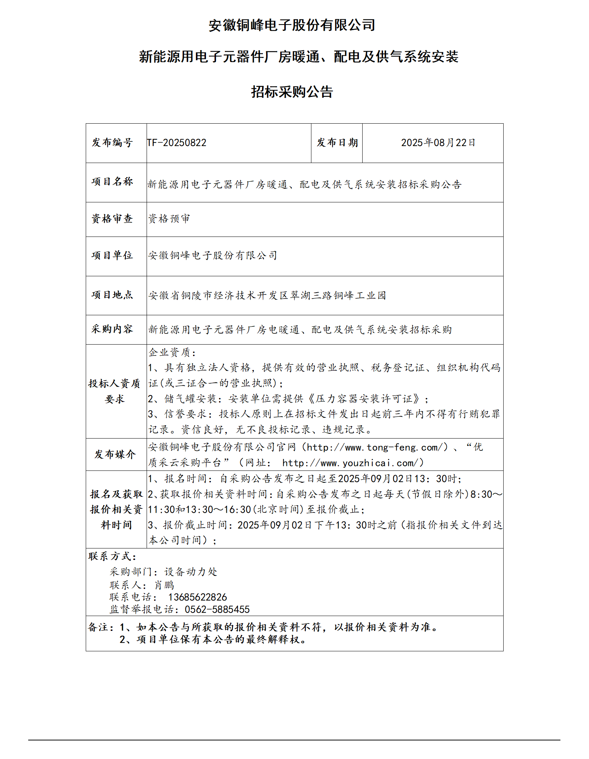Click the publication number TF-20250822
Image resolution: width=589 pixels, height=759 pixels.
[177, 143]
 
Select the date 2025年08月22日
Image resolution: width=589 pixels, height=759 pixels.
[438, 143]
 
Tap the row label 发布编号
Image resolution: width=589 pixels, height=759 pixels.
[112, 143]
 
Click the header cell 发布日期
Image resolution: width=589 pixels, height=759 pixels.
[337, 143]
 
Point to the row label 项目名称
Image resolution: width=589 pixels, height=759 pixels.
[112, 182]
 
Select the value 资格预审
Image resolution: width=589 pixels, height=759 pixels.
[169, 219]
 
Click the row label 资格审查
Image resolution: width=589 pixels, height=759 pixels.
[112, 219]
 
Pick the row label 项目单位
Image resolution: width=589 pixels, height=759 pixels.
[112, 255]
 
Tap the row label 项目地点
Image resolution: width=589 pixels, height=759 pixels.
[112, 295]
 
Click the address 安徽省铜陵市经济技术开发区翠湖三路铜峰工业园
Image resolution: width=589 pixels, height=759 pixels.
[267, 296]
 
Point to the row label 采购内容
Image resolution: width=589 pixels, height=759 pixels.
[112, 329]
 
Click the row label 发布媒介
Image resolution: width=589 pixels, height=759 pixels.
[115, 454]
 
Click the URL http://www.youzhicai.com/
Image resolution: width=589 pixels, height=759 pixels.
[353, 463]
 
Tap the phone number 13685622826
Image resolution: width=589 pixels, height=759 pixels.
[197, 597]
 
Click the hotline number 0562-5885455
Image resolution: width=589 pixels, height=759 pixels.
[217, 609]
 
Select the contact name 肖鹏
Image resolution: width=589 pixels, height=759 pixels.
[164, 585]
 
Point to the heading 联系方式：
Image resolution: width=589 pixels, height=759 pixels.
[112, 556]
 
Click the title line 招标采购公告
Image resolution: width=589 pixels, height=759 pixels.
[292, 92]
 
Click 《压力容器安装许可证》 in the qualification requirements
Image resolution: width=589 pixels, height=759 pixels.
[364, 399]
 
